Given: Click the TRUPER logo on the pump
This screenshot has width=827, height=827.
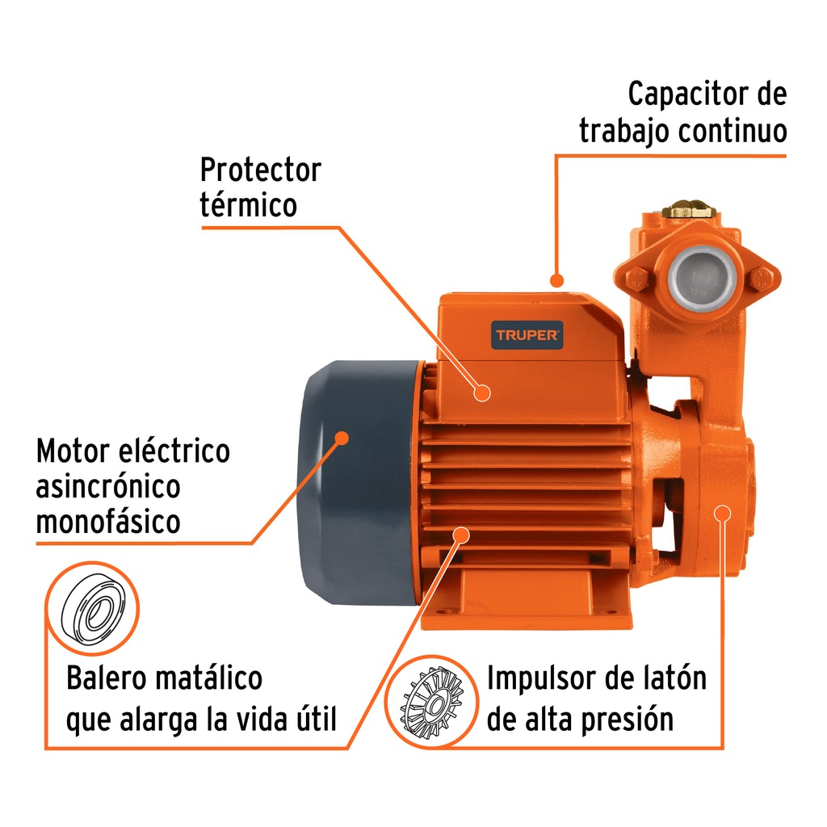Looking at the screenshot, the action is coord(527,335).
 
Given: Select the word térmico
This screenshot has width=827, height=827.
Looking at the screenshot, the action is coord(248,204).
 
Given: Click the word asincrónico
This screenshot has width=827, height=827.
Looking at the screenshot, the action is coord(108,486).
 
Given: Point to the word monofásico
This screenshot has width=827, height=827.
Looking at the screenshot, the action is coord(108,522).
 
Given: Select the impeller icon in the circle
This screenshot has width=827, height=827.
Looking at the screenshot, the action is coord(433,702).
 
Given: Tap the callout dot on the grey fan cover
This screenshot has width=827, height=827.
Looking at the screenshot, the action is coord(342,438).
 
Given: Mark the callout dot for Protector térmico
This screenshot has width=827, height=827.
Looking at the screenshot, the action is coord(482,393).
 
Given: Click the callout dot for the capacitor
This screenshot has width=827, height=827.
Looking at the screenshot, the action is coord(556,280).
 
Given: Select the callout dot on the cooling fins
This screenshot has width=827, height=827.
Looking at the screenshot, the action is coord(461,535).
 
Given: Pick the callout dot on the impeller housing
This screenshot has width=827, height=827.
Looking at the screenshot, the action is coord(723,513).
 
